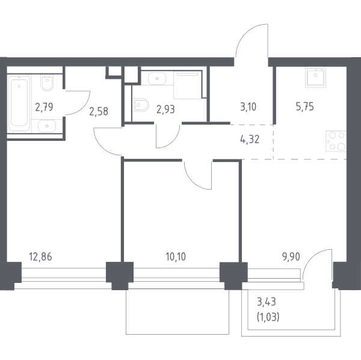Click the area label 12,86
[40, 256]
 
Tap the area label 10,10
[176, 256]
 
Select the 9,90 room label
[291, 256]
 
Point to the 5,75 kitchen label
[305, 107]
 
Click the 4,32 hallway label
[250, 139]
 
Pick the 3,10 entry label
[248, 107]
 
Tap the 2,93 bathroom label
[165, 109]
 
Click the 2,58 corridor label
[99, 111]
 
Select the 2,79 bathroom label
[44, 107]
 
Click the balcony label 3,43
[267, 302]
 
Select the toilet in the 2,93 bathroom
[141, 105]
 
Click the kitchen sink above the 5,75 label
[316, 77]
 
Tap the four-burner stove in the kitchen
[336, 141]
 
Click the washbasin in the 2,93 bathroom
[157, 78]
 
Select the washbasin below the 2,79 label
[47, 126]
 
